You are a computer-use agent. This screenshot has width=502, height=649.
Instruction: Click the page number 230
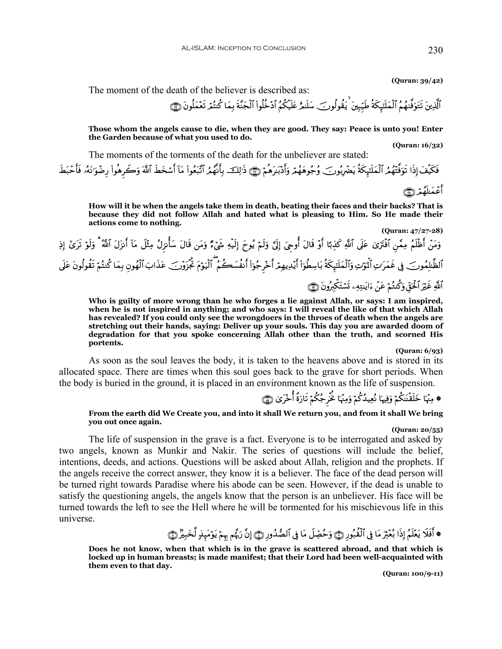(435, 50)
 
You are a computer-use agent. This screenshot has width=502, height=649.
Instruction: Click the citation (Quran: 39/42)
(417, 80)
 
